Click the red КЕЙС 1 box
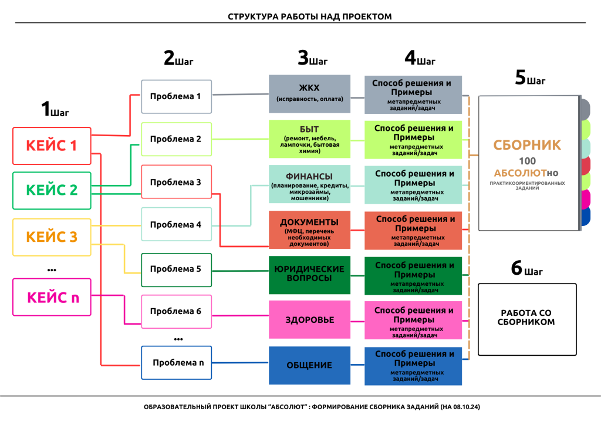click(x=52, y=145)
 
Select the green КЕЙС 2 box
click(x=52, y=190)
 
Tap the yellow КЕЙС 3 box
click(x=52, y=237)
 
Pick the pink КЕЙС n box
click(x=52, y=297)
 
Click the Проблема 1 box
click(x=176, y=96)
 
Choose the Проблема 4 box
click(x=176, y=225)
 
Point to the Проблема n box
click(x=176, y=363)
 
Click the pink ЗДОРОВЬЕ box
click(x=309, y=320)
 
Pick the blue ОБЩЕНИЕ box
click(x=309, y=365)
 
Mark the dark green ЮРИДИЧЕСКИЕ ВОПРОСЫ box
click(x=309, y=274)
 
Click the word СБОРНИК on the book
click(x=527, y=144)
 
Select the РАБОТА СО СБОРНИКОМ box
click(x=526, y=318)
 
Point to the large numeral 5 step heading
click(x=520, y=78)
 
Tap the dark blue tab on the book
click(x=585, y=217)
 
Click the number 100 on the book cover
click(x=527, y=161)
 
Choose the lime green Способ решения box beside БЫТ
click(x=413, y=139)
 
